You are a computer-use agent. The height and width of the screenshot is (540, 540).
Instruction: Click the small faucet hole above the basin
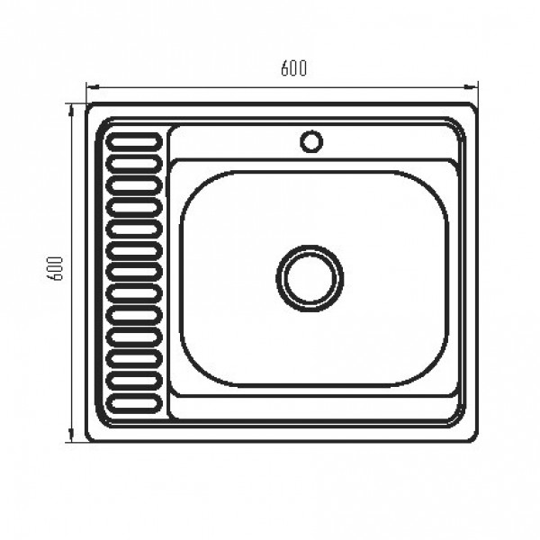(x=311, y=141)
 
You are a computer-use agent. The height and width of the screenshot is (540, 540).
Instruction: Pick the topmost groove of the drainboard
(x=134, y=142)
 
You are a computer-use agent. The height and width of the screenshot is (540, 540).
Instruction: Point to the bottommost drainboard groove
(x=134, y=401)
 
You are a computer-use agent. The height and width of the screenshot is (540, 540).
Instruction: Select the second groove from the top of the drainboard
(x=134, y=164)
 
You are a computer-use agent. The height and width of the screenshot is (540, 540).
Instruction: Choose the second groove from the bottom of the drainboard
(x=134, y=379)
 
